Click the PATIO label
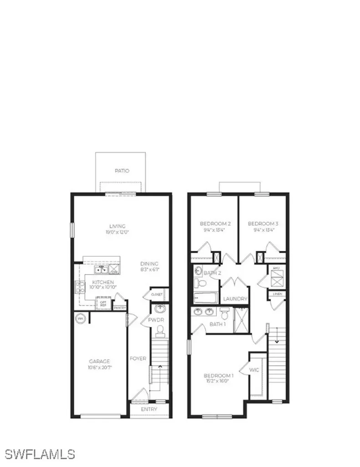click(x=122, y=171)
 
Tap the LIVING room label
click(x=117, y=226)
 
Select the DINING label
click(x=149, y=264)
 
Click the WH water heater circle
click(x=80, y=318)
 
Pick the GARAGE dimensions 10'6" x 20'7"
click(x=99, y=367)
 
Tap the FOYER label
click(x=138, y=358)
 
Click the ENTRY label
click(x=149, y=409)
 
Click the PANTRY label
click(x=120, y=308)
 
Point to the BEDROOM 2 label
click(x=216, y=224)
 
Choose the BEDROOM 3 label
click(x=263, y=224)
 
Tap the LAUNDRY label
click(x=235, y=299)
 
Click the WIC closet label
click(x=254, y=370)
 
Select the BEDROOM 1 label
click(x=219, y=376)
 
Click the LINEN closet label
click(x=278, y=294)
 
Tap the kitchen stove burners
click(x=80, y=287)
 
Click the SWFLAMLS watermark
click(x=40, y=454)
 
